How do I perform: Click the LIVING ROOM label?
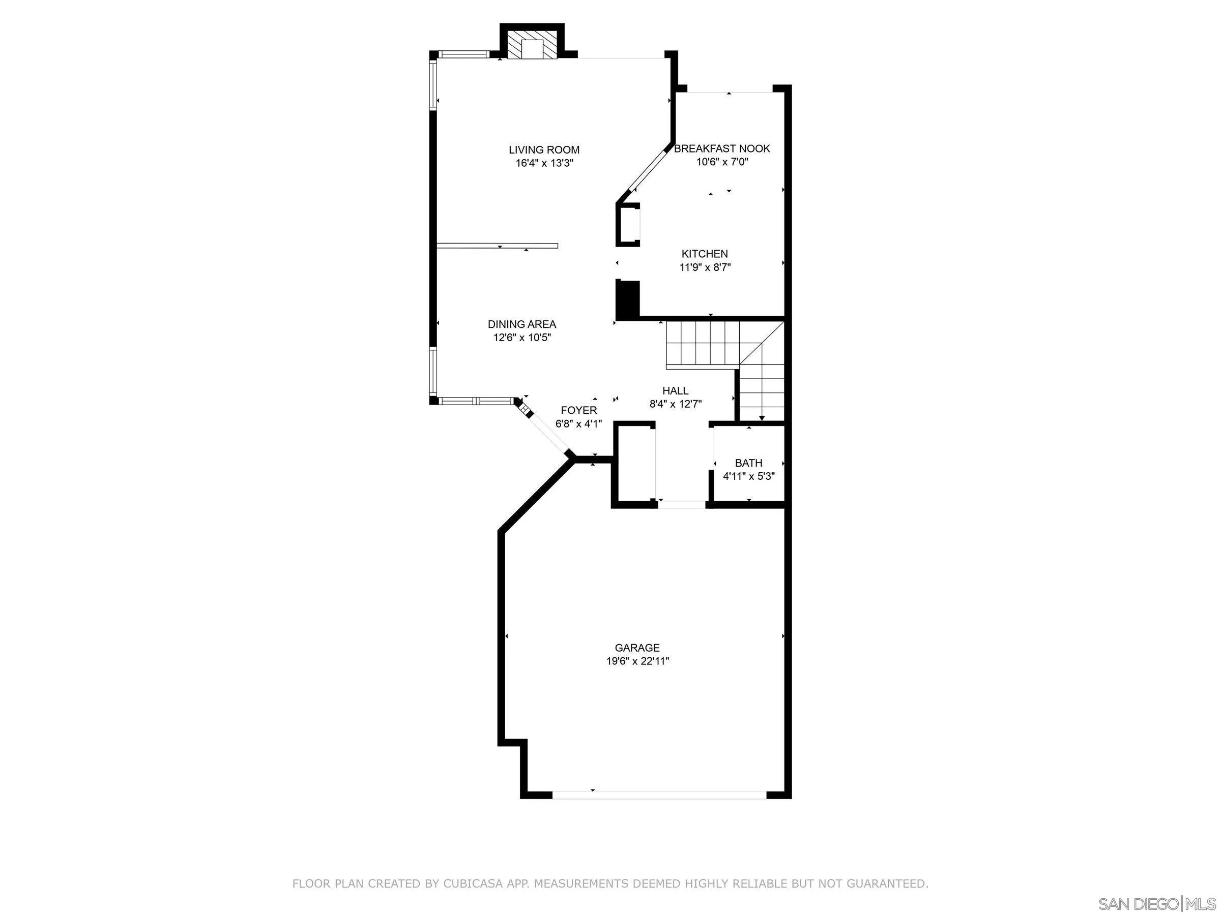(x=544, y=149)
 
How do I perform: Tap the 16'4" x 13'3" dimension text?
(x=544, y=163)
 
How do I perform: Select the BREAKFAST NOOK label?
(x=722, y=148)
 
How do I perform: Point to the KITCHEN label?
(x=704, y=254)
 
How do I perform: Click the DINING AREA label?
(x=521, y=324)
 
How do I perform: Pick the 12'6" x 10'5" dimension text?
(x=522, y=338)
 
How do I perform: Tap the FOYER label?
(x=578, y=410)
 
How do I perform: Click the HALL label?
(x=675, y=390)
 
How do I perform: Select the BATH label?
(x=748, y=463)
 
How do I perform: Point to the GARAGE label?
(x=637, y=648)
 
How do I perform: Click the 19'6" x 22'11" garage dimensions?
(x=637, y=661)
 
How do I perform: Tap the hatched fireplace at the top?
(x=533, y=48)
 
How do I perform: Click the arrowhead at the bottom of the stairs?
(x=762, y=418)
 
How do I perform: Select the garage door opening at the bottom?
(x=659, y=795)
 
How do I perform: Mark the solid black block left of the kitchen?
(x=628, y=299)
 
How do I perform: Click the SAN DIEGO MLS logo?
(x=1156, y=904)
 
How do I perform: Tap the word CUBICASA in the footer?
(x=473, y=883)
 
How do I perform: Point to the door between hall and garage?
(x=682, y=504)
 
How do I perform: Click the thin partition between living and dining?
(x=497, y=246)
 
